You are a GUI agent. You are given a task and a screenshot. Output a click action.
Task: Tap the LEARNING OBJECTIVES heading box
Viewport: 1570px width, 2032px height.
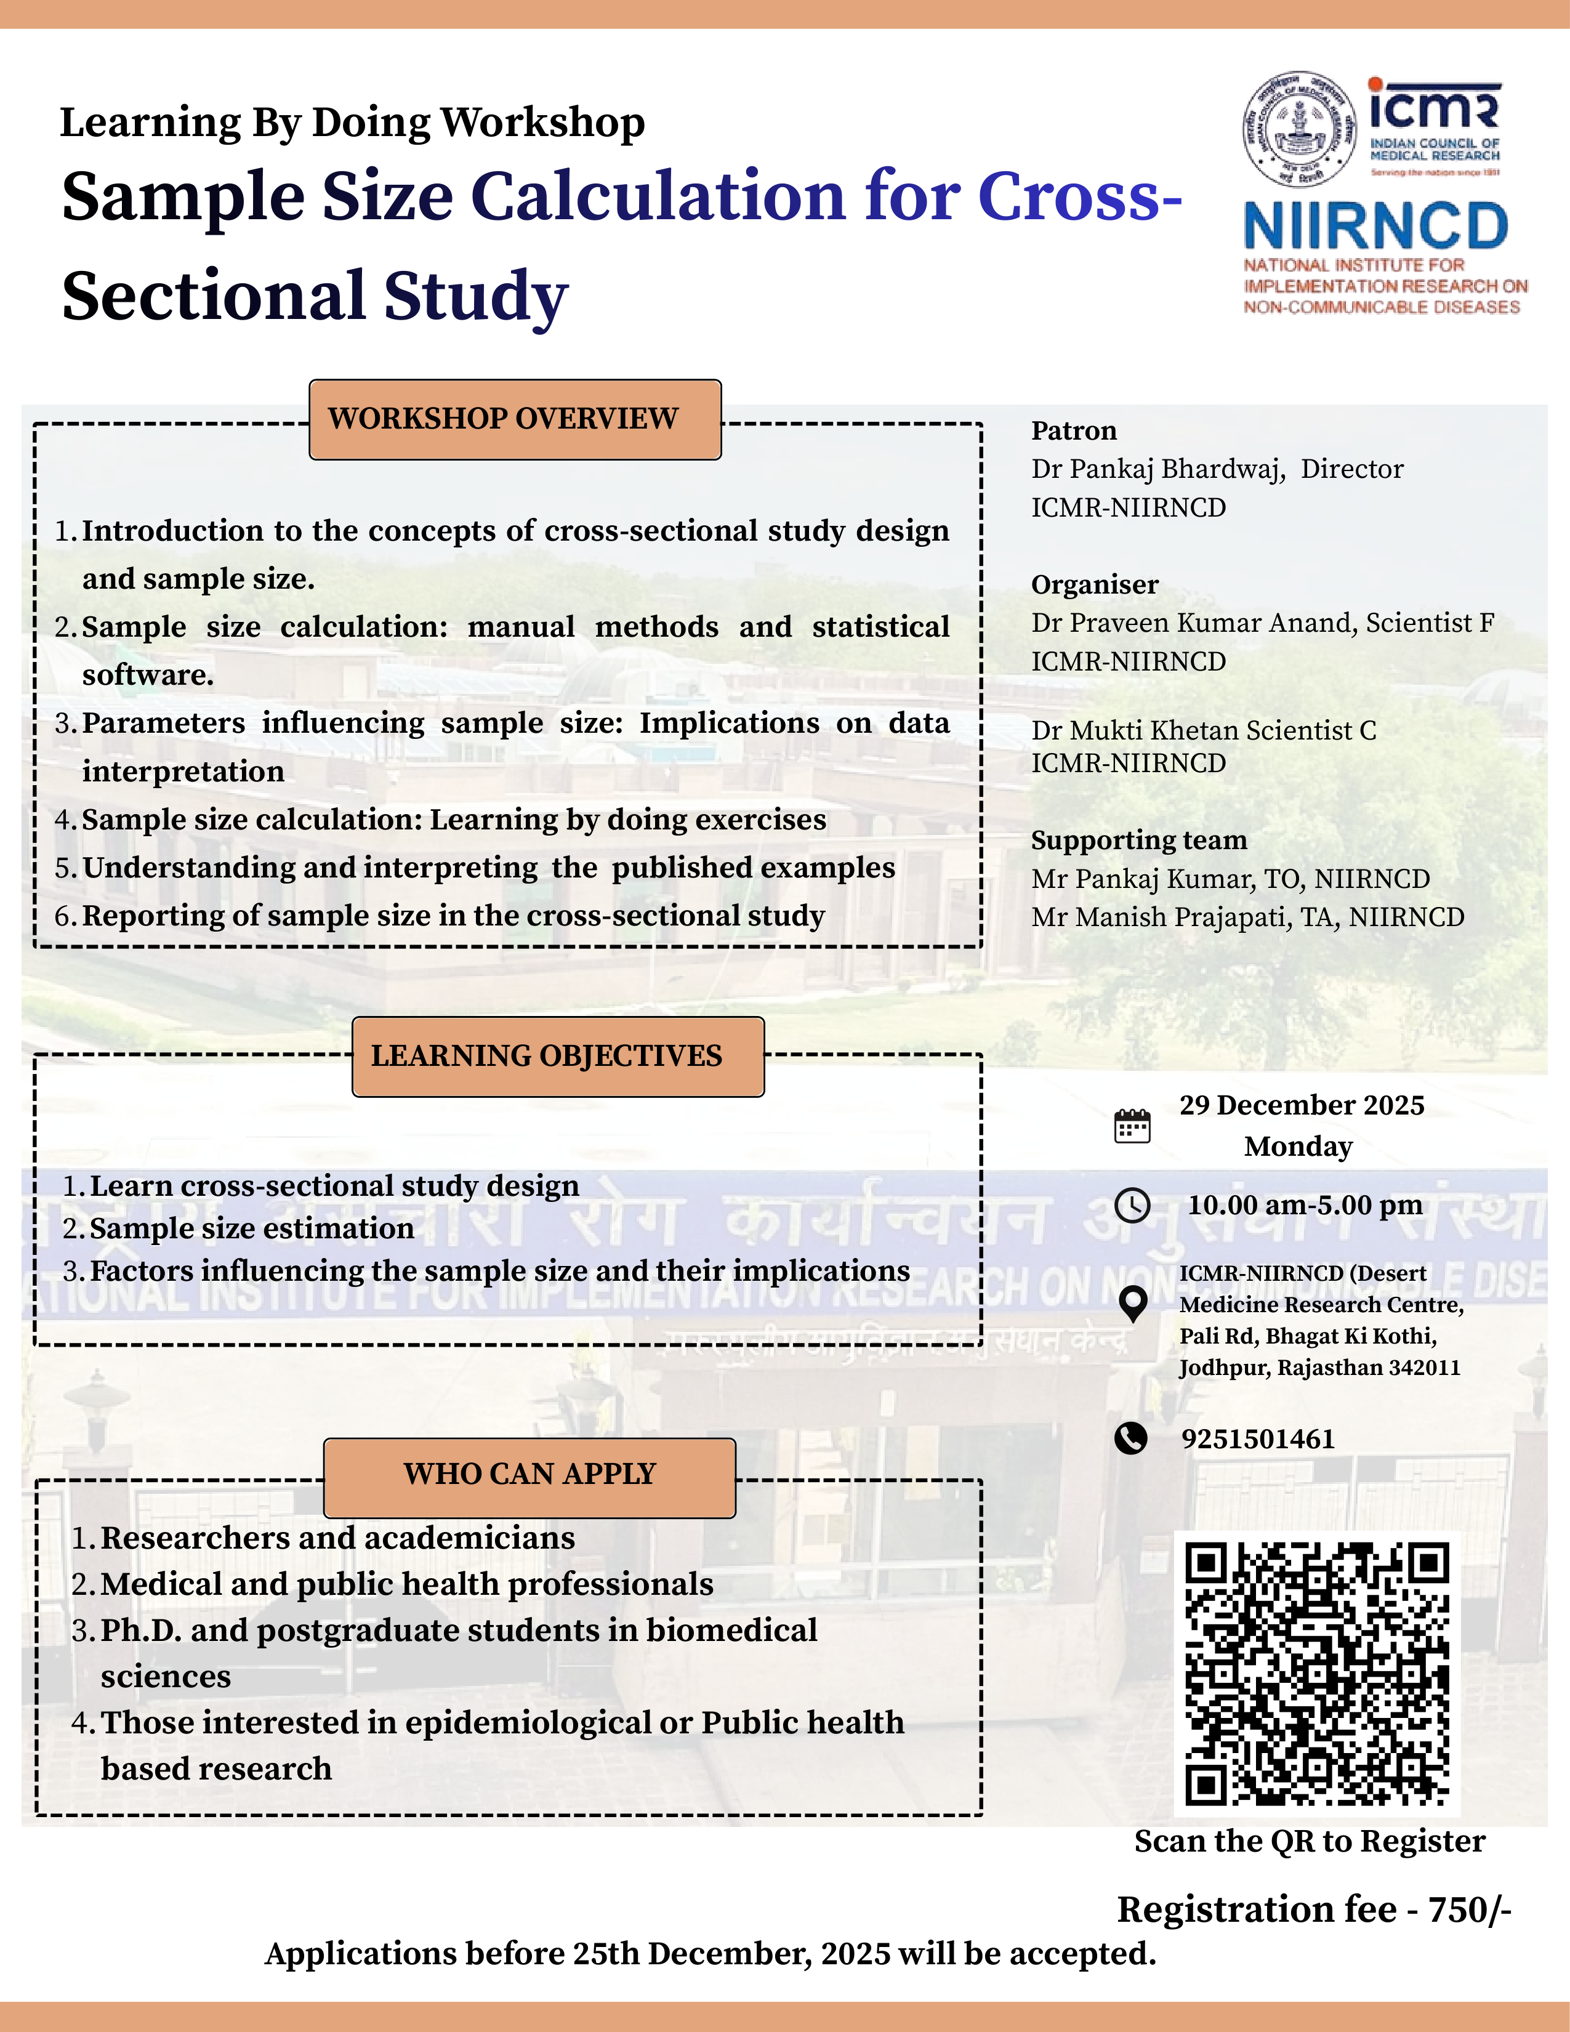558,1057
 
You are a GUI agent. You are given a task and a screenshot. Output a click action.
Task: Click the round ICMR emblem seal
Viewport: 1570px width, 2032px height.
1299,129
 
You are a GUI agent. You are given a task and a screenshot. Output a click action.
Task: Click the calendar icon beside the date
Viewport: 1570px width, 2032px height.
1132,1127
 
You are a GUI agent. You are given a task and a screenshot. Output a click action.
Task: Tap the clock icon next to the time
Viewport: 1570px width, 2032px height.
1132,1206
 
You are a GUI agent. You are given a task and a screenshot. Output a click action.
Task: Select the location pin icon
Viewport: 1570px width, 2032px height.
1132,1304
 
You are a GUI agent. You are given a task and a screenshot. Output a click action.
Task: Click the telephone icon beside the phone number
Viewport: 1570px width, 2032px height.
1131,1438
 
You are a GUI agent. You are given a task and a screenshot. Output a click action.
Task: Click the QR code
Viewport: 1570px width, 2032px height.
1317,1673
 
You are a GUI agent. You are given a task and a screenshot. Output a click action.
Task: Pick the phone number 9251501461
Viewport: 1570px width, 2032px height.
1257,1440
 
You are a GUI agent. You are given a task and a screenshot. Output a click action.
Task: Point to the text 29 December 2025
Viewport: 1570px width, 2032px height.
1301,1105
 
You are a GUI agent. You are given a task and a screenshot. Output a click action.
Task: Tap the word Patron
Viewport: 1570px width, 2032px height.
1073,431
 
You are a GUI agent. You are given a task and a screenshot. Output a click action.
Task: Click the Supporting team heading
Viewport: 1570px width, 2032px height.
1138,840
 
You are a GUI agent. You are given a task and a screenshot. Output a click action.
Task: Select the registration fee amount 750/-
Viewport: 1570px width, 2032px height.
1470,1909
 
